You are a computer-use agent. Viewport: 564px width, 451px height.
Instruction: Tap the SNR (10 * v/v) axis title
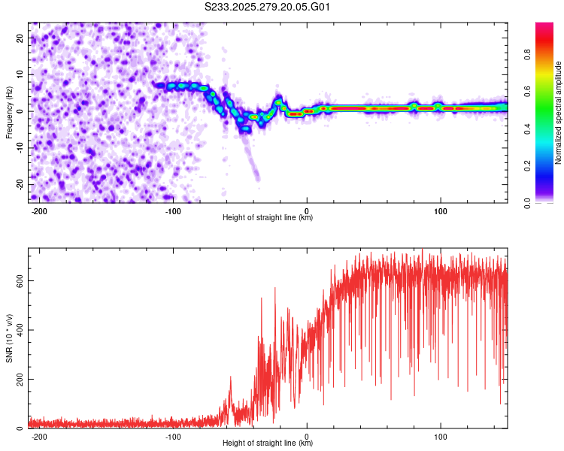click(x=10, y=338)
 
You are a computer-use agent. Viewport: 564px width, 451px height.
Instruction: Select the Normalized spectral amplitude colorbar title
click(x=559, y=113)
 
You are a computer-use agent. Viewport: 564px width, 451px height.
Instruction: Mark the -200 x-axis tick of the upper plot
click(x=40, y=211)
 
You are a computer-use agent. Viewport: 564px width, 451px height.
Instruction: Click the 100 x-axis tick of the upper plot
click(x=441, y=211)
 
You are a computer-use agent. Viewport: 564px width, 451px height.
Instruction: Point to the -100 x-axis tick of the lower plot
click(x=173, y=437)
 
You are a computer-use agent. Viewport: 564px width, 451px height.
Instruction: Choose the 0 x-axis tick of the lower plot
click(x=307, y=437)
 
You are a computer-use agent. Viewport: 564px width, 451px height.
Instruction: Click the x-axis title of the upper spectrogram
click(x=268, y=219)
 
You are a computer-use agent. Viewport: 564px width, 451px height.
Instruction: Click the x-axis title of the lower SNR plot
click(x=268, y=444)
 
